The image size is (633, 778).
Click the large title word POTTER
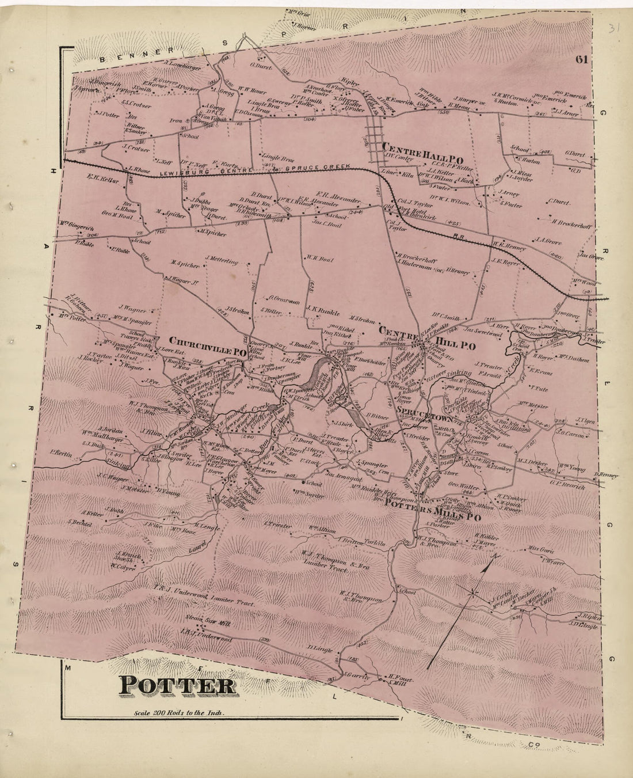pyautogui.click(x=178, y=686)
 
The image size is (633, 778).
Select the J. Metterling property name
pyautogui.click(x=220, y=261)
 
